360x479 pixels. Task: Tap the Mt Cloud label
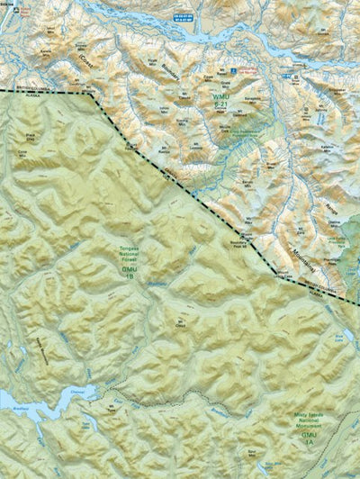click(183, 322)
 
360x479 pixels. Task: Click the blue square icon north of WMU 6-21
click(233, 69)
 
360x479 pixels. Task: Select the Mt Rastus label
click(165, 151)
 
